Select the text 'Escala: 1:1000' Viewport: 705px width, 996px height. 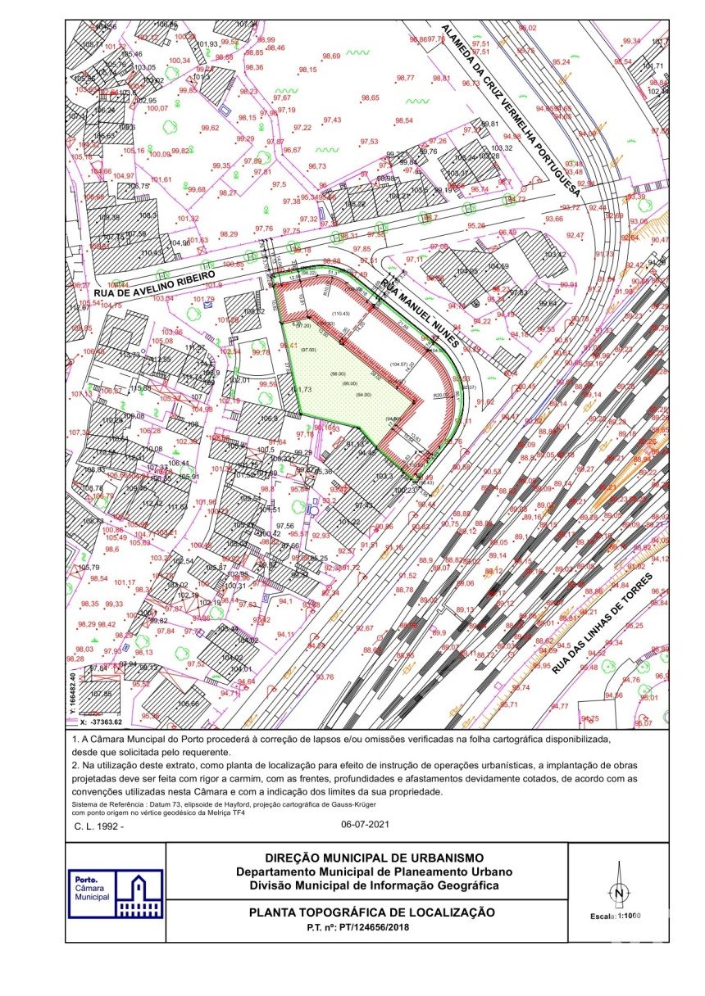tap(616, 917)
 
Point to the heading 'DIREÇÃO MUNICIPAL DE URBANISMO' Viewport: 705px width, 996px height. tap(366, 857)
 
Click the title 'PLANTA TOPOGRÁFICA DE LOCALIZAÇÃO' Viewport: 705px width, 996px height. tap(366, 912)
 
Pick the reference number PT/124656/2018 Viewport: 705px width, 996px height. tap(366, 927)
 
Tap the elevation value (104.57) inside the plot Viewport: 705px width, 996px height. tap(399, 364)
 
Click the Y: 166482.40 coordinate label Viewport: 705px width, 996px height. tap(73, 694)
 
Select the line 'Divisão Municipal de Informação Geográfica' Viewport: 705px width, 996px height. tap(366, 885)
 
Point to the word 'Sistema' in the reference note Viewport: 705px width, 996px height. tap(84, 806)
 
